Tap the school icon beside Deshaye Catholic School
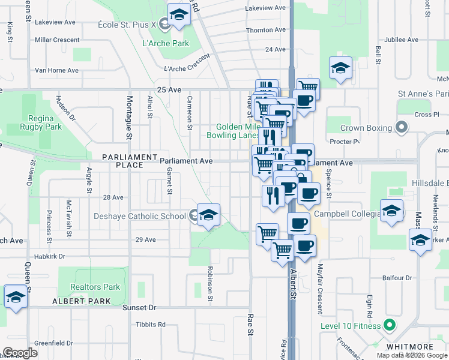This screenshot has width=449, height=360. [208, 215]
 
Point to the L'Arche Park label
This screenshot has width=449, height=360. [166, 43]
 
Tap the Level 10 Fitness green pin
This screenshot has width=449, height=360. [389, 326]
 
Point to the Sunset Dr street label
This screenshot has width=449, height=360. [139, 307]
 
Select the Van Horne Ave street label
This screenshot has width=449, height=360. [56, 70]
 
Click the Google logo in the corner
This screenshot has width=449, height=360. [20, 353]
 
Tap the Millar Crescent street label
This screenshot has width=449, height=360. [57, 40]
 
